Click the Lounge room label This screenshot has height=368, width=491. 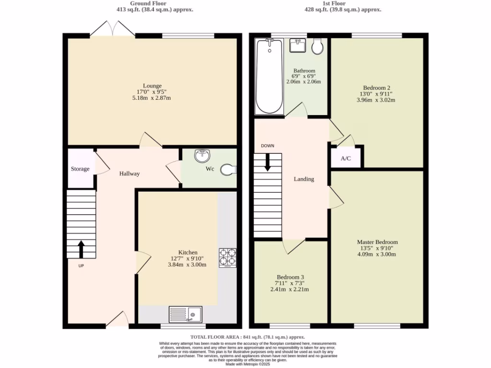click(x=152, y=86)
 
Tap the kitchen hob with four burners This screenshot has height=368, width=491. click(x=228, y=257)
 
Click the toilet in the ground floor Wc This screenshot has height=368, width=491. click(x=228, y=170)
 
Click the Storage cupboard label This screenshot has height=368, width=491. click(x=80, y=169)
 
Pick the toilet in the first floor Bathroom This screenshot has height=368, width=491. click(x=317, y=46)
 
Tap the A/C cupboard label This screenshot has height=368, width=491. click(x=346, y=159)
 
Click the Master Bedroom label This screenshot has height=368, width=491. click(x=377, y=242)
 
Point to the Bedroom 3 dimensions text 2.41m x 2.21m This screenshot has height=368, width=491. click(x=290, y=289)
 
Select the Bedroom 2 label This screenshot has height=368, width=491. click(x=376, y=88)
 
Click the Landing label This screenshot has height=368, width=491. click(x=304, y=179)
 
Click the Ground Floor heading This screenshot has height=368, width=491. click(x=148, y=3)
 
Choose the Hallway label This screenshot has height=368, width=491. click(x=129, y=173)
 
